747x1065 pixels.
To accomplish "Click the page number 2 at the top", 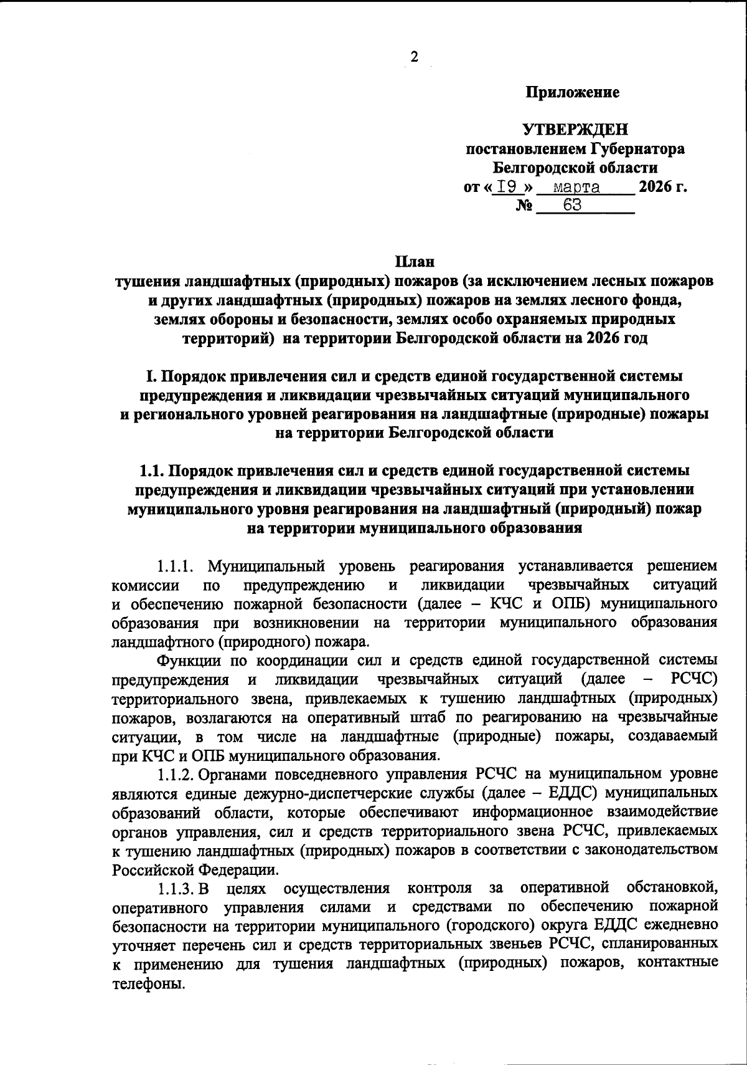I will [x=414, y=57].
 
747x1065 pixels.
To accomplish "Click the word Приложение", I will [x=573, y=93].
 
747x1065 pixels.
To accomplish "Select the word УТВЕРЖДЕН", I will [x=575, y=130].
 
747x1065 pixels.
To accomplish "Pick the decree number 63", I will [x=572, y=205].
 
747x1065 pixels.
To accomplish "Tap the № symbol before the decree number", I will [x=524, y=206].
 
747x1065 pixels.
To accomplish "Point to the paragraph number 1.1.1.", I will [x=176, y=566].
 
